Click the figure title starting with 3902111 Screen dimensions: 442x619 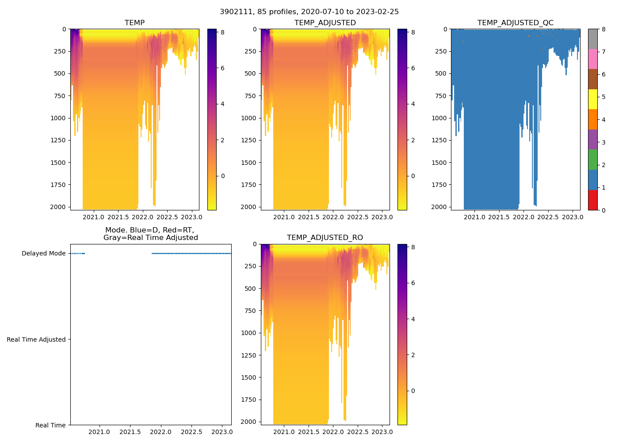[x=309, y=12]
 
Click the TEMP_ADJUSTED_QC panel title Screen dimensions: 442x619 [x=515, y=23]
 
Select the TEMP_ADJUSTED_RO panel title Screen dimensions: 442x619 [x=325, y=238]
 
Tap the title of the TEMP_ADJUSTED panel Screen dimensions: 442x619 [x=325, y=23]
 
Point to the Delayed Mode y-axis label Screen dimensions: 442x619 [x=43, y=254]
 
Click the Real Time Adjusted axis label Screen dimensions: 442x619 [x=36, y=339]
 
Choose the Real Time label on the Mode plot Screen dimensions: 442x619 [x=50, y=425]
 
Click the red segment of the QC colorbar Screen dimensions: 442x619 [x=592, y=200]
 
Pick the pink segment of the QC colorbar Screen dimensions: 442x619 [x=592, y=59]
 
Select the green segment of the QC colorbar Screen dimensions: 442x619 [x=592, y=160]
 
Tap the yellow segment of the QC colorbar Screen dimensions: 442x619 [x=592, y=99]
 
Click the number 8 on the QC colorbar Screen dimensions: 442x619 [x=604, y=30]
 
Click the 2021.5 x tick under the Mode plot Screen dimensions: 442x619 [x=130, y=432]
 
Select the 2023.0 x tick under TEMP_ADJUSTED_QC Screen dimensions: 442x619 [x=573, y=217]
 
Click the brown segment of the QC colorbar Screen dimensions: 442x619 [x=592, y=79]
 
